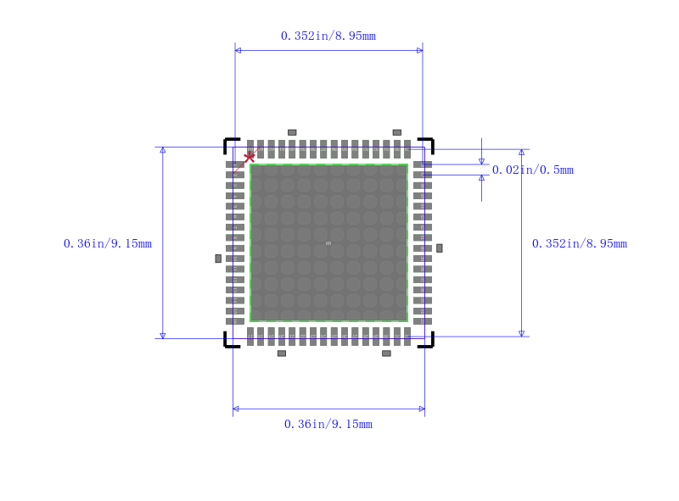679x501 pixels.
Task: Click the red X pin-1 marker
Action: click(x=249, y=157)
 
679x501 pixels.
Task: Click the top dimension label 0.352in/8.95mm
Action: click(x=328, y=36)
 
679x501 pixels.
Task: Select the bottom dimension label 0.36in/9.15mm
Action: click(x=328, y=424)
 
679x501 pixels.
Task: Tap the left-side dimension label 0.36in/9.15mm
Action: click(x=108, y=243)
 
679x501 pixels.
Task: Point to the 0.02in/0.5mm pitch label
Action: click(x=533, y=170)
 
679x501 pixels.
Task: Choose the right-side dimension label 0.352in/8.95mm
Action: click(x=580, y=243)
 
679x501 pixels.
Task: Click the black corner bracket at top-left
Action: click(x=229, y=142)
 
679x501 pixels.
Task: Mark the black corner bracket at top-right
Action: click(x=429, y=142)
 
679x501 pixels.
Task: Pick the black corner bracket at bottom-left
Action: click(x=229, y=342)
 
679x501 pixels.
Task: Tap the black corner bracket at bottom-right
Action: click(x=429, y=342)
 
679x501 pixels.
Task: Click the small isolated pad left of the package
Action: click(x=218, y=259)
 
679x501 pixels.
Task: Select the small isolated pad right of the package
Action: click(x=439, y=248)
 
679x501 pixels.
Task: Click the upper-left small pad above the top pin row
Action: click(x=292, y=132)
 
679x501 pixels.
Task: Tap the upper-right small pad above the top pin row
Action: click(x=396, y=132)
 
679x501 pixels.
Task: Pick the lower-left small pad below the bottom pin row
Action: click(x=282, y=353)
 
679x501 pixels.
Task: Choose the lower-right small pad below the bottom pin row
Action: click(x=386, y=353)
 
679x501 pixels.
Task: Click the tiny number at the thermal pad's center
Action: click(x=328, y=243)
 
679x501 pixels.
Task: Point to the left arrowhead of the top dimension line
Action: click(x=238, y=51)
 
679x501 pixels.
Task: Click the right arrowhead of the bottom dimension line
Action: click(x=421, y=409)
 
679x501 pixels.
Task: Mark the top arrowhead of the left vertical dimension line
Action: click(x=163, y=150)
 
